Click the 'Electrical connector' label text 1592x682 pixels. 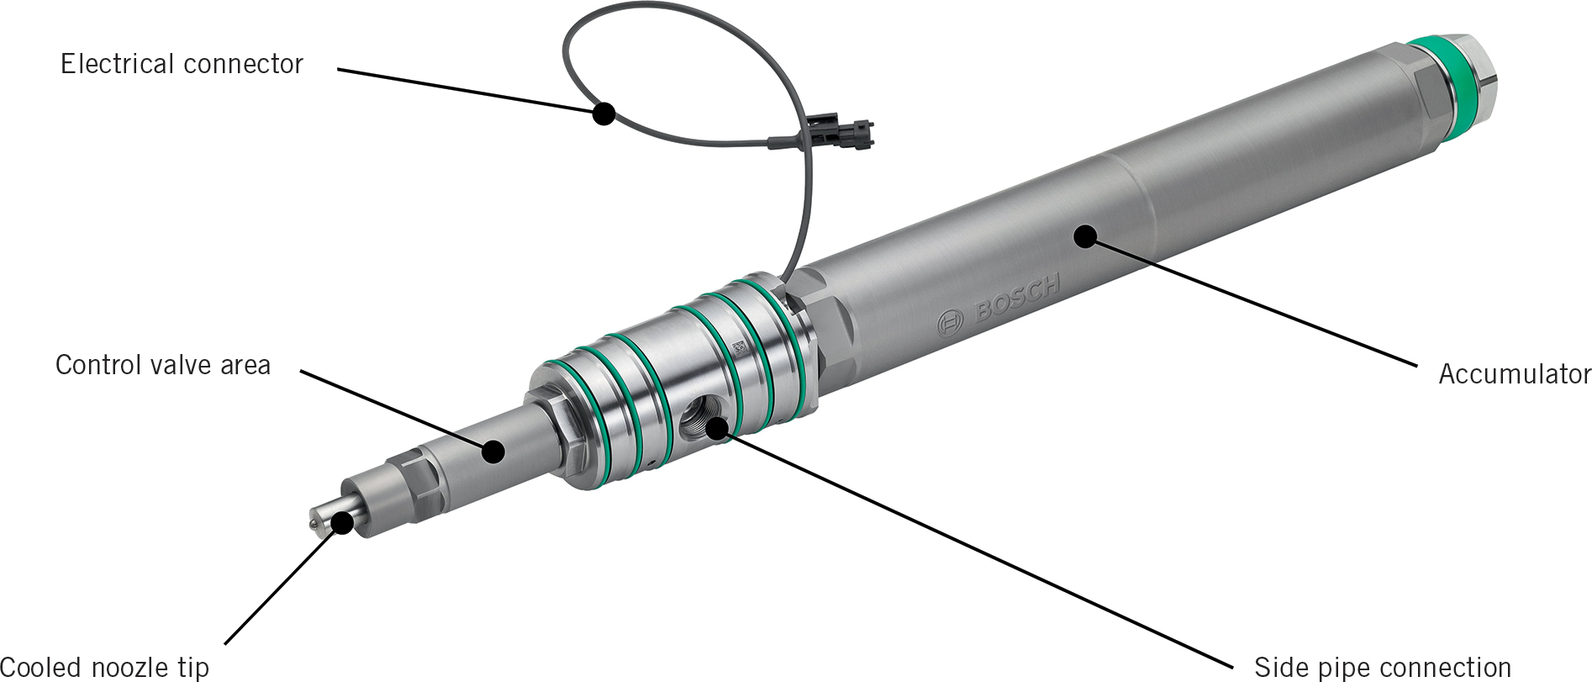182,64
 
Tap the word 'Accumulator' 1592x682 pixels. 1514,373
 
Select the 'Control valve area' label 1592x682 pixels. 163,365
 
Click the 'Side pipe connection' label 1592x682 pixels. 1382,667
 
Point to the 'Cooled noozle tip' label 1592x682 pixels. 104,668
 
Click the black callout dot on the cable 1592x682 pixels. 603,114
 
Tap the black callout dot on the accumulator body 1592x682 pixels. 1086,236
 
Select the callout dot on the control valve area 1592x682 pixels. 493,452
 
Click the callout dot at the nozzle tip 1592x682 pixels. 342,523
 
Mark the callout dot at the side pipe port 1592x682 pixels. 716,429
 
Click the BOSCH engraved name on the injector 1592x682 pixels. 1017,299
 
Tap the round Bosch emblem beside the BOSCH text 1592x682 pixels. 951,321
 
